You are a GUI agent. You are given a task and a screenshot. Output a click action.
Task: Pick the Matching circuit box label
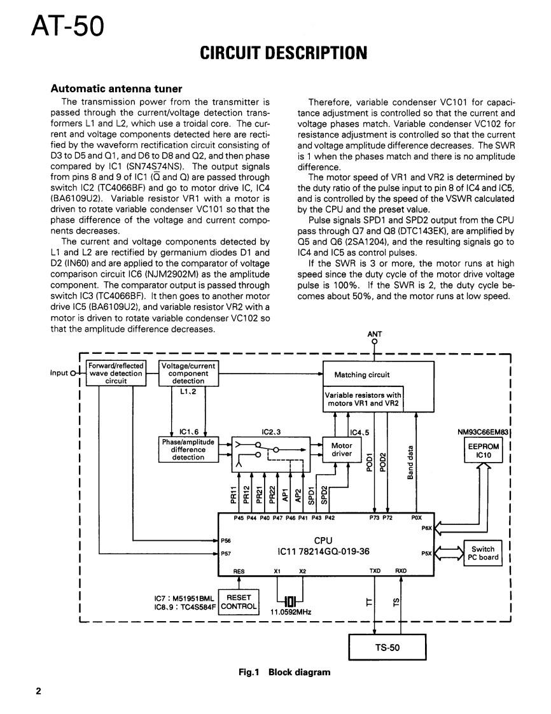[362, 375]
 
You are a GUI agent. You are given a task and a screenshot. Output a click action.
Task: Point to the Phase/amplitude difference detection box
[188, 449]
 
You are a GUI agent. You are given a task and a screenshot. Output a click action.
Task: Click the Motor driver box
[342, 449]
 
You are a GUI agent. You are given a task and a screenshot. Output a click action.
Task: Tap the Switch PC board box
[483, 553]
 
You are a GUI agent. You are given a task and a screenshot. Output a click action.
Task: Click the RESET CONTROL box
[239, 601]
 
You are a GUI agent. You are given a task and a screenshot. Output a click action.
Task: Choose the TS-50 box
[387, 648]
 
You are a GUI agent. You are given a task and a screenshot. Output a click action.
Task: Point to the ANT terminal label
[375, 333]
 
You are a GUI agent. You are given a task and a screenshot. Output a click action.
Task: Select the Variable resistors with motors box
[363, 399]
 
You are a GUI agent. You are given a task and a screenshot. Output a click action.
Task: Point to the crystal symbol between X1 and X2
[290, 600]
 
